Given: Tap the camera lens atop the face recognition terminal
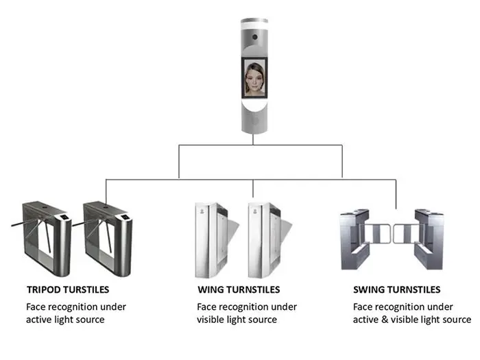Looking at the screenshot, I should [254, 35].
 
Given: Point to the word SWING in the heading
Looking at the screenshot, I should [370, 290].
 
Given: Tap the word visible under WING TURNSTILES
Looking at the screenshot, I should [213, 320].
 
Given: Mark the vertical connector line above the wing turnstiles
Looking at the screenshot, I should [254, 189].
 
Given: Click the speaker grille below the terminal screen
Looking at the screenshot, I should [254, 120].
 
